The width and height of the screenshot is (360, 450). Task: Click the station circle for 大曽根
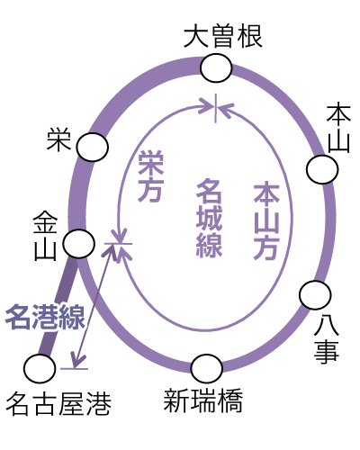coord(216,68)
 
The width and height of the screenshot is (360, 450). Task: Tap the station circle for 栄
coord(92,147)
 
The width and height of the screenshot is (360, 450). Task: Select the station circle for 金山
coord(79,244)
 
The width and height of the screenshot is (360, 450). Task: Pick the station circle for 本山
coord(322,169)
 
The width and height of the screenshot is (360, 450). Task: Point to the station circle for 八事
coord(315,295)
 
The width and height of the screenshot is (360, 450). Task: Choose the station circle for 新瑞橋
coord(207,368)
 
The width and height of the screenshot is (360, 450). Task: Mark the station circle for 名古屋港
coord(40,368)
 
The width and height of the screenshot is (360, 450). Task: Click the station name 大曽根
coord(223,37)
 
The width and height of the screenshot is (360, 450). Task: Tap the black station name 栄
coord(58,139)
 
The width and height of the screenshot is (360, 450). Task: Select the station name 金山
coord(45,236)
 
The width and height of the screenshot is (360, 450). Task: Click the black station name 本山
coord(338,128)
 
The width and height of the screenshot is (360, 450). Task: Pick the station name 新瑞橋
coord(203,400)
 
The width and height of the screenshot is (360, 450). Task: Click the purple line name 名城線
coord(209,218)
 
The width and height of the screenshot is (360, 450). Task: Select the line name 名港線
coord(45,317)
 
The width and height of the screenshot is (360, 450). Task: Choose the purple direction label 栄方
coord(150,175)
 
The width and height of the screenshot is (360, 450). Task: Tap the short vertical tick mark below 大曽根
coord(215,108)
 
